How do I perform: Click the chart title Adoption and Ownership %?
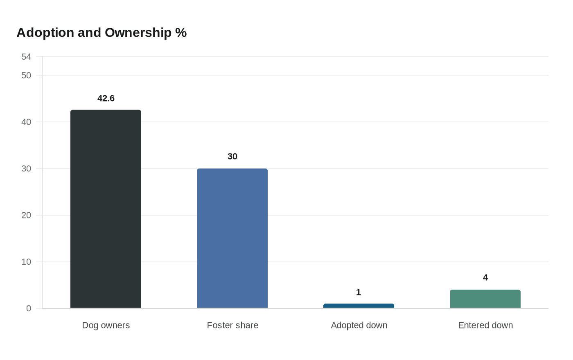coord(102,33)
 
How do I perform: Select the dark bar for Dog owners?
coord(106,209)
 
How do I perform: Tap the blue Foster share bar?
coord(232,238)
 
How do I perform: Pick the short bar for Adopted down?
coord(359,306)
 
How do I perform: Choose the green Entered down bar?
coord(485,299)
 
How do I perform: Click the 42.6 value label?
coord(106,99)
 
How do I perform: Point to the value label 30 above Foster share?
coord(232,156)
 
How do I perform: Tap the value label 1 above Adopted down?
coord(359,292)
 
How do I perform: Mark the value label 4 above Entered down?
coord(485,278)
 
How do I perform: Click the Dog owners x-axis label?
coord(106,325)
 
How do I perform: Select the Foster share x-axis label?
coord(232,325)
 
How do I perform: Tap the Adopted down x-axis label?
coord(359,325)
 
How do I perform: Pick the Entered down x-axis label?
coord(485,325)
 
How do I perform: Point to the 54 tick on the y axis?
coord(26,57)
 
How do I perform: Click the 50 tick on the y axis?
coord(26,75)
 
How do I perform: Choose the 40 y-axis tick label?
coord(26,122)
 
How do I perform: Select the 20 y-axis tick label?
coord(26,215)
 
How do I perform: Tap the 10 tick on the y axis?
coord(26,262)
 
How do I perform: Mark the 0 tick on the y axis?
coord(29,308)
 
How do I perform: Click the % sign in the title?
coord(181,33)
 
